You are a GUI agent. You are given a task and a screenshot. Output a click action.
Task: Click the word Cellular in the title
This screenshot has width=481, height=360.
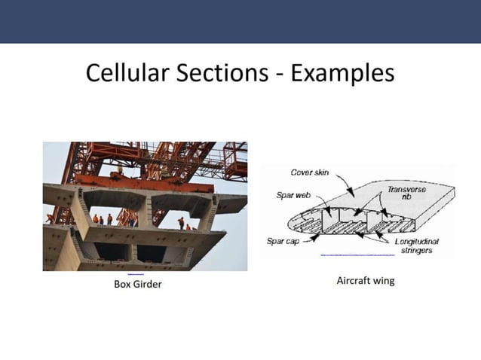[124, 73]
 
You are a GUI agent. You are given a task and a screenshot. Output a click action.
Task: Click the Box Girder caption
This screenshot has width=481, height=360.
[137, 284]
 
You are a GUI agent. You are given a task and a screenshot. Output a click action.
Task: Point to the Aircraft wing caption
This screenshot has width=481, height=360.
[365, 281]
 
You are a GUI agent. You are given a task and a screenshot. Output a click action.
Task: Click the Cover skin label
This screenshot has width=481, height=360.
[309, 172]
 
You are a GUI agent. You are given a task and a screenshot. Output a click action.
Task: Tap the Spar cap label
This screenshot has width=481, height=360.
[285, 242]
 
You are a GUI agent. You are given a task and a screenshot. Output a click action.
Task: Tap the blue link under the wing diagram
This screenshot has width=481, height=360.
[357, 255]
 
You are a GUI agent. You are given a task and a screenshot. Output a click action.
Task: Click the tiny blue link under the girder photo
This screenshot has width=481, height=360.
[136, 273]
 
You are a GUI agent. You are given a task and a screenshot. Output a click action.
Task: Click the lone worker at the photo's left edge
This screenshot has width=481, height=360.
[50, 218]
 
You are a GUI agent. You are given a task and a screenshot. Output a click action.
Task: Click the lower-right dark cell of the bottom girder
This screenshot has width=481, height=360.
[152, 253]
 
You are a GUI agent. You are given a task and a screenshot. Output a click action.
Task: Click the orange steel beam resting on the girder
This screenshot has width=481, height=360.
[143, 183]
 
